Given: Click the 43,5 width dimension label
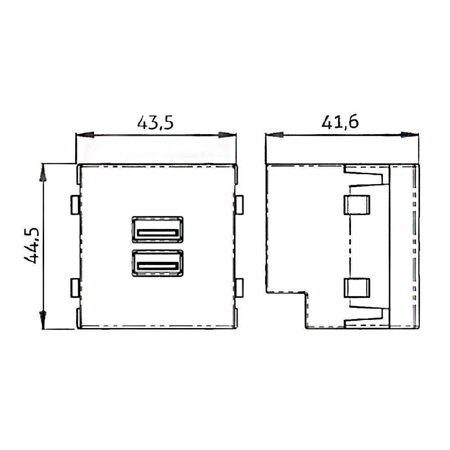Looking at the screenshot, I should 155,122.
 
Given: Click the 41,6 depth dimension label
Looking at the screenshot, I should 340,122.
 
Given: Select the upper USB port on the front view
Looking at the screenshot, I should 157,229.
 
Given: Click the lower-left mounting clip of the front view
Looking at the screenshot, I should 75,288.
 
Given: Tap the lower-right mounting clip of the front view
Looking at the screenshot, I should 239,288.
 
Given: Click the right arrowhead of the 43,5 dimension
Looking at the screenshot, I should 228,135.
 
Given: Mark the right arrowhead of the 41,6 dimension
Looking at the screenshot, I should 410,135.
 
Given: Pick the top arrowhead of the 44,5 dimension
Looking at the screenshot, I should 43,173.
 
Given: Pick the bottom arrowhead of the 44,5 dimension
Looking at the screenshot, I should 43,320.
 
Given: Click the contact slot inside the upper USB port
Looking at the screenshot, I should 157,233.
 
